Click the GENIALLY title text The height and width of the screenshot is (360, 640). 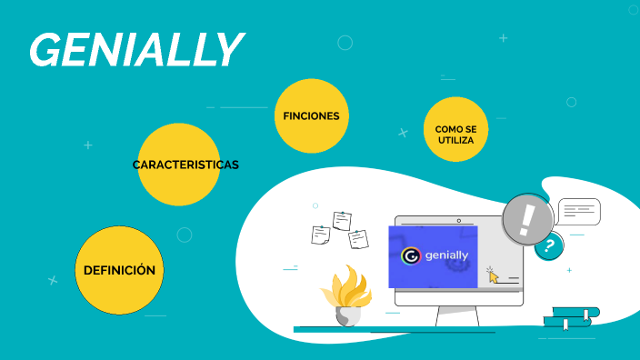click(136, 49)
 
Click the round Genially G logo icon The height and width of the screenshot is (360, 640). click(411, 256)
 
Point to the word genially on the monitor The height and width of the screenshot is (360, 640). click(446, 256)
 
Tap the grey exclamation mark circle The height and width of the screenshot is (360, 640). click(528, 219)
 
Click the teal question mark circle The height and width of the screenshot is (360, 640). click(548, 245)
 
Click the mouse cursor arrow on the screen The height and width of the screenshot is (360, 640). click(493, 274)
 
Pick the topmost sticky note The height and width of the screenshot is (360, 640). click(342, 220)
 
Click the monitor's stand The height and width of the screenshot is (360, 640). click(457, 315)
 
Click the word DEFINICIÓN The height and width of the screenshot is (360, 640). click(119, 270)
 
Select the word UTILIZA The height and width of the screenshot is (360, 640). click(455, 141)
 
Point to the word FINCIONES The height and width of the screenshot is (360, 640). click(312, 116)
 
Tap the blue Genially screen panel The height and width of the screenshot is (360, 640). click(433, 256)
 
